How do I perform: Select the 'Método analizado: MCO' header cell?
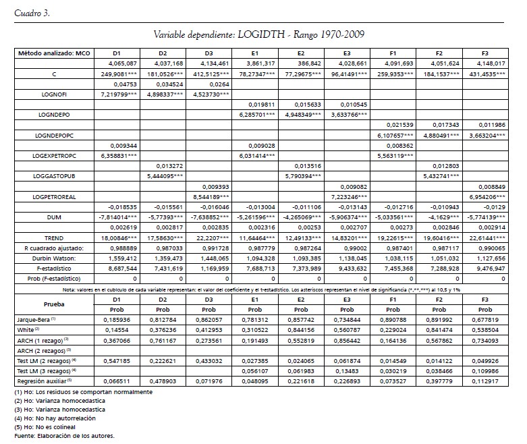point(55,53)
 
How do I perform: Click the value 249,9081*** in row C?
point(117,73)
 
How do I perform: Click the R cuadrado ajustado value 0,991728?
point(209,248)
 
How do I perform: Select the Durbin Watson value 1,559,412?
point(117,258)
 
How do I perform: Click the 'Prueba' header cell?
point(55,303)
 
